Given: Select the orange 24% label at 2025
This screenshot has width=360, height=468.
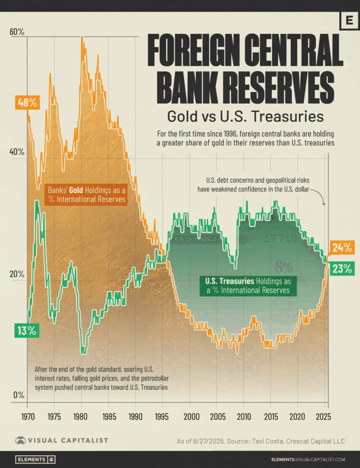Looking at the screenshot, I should (342, 248).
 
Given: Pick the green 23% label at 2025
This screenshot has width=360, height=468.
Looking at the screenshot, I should (342, 269).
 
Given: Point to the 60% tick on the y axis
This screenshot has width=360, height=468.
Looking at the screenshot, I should (16, 32).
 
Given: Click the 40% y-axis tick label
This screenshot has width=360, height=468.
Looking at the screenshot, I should (16, 153).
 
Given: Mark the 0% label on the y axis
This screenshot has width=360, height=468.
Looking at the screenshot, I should (18, 395).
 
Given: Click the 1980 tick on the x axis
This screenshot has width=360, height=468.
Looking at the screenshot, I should (81, 417).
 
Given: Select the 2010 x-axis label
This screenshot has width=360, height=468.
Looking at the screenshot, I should (243, 417).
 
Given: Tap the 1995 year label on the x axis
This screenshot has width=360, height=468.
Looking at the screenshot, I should (162, 417).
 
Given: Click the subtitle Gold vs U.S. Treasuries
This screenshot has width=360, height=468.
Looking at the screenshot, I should (245, 117).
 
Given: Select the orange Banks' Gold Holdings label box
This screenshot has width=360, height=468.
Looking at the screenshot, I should (87, 194).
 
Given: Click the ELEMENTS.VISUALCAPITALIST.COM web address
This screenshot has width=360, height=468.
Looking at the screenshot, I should (308, 459).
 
